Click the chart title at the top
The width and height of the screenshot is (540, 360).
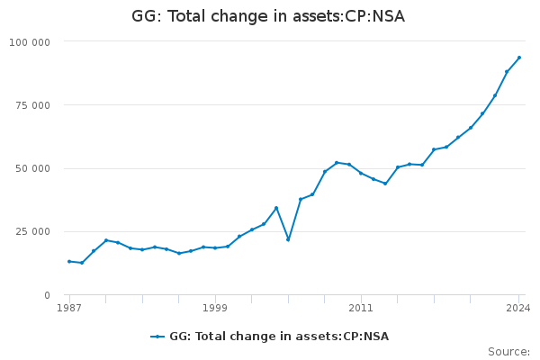click(x=268, y=16)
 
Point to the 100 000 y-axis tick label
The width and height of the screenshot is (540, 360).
click(x=30, y=42)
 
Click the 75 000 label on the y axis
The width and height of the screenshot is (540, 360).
click(x=32, y=105)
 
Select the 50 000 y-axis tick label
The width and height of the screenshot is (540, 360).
click(x=32, y=169)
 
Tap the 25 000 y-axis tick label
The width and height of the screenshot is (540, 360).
click(x=32, y=231)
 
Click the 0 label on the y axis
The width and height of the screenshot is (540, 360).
click(x=47, y=295)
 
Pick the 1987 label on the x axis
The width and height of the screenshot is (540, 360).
click(x=69, y=308)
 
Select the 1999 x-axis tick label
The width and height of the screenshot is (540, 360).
click(x=215, y=308)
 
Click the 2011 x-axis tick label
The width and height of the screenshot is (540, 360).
click(x=361, y=308)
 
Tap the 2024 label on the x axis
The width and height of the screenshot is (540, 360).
click(x=518, y=308)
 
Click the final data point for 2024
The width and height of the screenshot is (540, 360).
click(x=519, y=58)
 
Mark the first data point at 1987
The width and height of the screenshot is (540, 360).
click(x=69, y=262)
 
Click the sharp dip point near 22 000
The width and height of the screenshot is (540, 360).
click(x=288, y=239)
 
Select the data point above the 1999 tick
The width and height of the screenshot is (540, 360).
click(x=215, y=248)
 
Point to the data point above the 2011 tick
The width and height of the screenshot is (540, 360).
click(x=361, y=173)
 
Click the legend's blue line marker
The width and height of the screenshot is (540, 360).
click(x=157, y=337)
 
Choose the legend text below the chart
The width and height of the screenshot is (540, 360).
click(x=279, y=337)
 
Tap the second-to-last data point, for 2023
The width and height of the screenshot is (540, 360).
click(x=507, y=72)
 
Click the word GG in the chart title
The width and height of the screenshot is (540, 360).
click(x=144, y=16)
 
